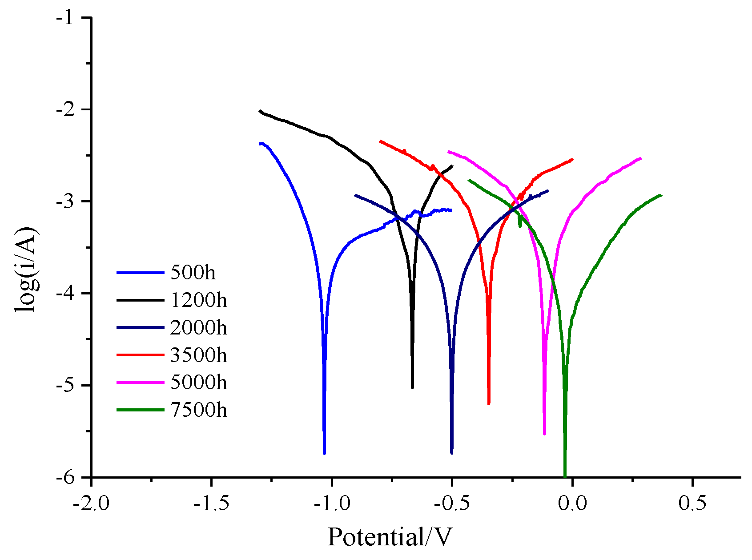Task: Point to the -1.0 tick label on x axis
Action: point(331,504)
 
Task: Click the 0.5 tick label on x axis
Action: point(692,504)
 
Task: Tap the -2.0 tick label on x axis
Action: point(91,504)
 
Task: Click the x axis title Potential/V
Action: point(390,537)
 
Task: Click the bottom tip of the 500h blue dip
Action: point(324,453)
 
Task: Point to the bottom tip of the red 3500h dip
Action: point(489,403)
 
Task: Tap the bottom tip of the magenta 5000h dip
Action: point(544,434)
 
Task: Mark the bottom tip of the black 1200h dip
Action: point(412,387)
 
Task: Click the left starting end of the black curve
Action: point(260,111)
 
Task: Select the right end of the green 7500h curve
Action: point(661,195)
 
